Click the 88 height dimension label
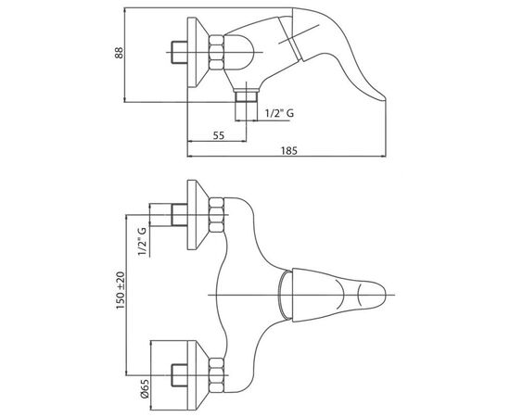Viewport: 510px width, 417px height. click(x=120, y=53)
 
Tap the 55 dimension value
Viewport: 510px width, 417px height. click(x=219, y=135)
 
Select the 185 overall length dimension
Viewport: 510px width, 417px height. click(x=289, y=151)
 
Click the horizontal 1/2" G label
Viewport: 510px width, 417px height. click(x=279, y=113)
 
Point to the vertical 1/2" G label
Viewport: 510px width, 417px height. click(x=142, y=242)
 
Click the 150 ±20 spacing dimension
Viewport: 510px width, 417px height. click(x=121, y=291)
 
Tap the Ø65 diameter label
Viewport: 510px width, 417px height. click(x=145, y=388)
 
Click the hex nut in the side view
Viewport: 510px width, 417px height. click(x=216, y=52)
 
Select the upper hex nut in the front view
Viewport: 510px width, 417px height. click(x=216, y=215)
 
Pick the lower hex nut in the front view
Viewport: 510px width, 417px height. click(x=216, y=374)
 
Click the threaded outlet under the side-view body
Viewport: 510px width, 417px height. click(x=247, y=96)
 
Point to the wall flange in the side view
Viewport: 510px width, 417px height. click(x=198, y=52)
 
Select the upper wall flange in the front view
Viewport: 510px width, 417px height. click(x=198, y=215)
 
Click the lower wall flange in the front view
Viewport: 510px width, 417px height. click(x=198, y=375)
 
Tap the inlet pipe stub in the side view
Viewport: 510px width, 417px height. click(x=179, y=52)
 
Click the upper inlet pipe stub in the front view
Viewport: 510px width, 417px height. click(x=179, y=215)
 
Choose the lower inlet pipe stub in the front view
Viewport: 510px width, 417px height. click(x=179, y=375)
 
